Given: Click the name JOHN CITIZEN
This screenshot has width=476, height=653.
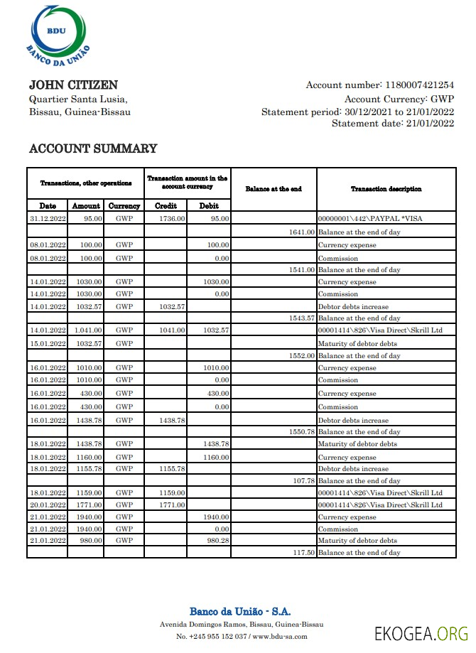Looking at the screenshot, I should pyautogui.click(x=73, y=85).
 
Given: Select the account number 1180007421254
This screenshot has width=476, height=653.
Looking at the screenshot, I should pyautogui.click(x=418, y=85).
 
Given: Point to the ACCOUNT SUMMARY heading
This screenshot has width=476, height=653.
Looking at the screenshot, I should pyautogui.click(x=92, y=149).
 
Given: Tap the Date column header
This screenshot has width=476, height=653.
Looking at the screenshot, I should pyautogui.click(x=47, y=205).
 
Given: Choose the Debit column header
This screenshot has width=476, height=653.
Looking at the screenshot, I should pyautogui.click(x=209, y=205).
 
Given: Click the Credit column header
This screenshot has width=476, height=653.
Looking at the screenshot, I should pyautogui.click(x=166, y=205).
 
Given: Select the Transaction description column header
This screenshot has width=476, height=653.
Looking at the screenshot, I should pyautogui.click(x=386, y=189).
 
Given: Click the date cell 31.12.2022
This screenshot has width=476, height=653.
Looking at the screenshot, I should pyautogui.click(x=48, y=219).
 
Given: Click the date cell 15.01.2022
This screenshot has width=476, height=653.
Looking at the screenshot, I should pyautogui.click(x=48, y=343).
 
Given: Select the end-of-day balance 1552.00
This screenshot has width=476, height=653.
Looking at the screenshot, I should pyautogui.click(x=302, y=355).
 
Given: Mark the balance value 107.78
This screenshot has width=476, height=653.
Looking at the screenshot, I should pyautogui.click(x=304, y=481).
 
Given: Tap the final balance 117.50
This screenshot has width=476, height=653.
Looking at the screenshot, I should pyautogui.click(x=304, y=552).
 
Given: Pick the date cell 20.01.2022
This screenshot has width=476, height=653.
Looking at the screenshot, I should pyautogui.click(x=48, y=504).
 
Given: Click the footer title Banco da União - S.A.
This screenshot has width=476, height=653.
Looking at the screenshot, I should pyautogui.click(x=240, y=611).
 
